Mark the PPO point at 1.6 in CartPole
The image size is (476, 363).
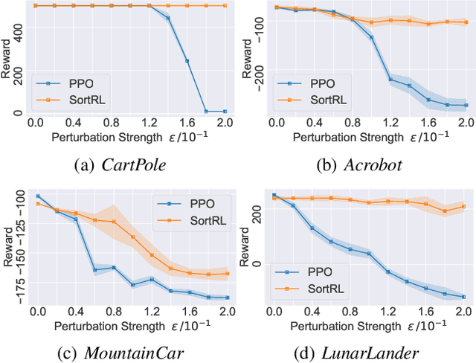click(x=187, y=61)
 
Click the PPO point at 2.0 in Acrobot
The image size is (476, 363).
click(x=466, y=105)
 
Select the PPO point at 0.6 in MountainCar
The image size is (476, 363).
click(x=94, y=270)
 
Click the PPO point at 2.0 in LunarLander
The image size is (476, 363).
click(x=463, y=297)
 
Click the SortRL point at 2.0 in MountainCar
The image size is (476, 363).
click(x=226, y=273)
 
